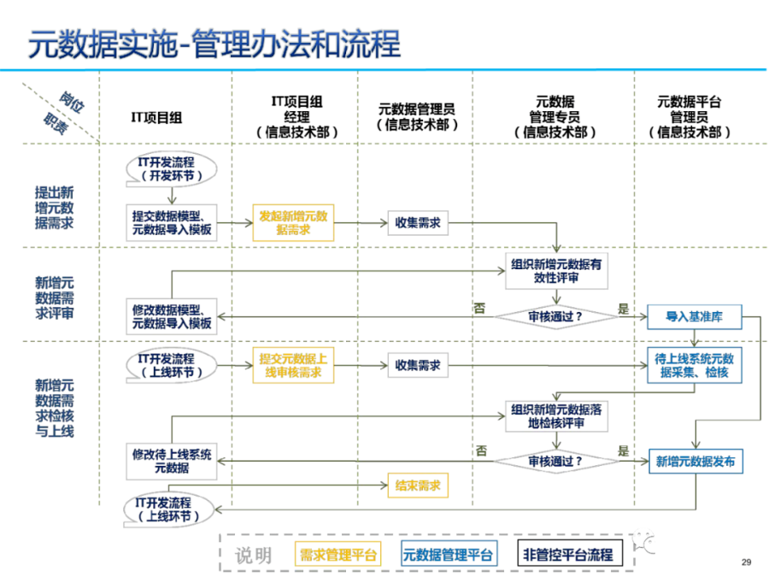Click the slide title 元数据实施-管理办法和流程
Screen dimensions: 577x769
(x=214, y=44)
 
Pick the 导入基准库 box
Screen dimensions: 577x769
(x=694, y=316)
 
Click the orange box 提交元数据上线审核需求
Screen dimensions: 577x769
(x=292, y=365)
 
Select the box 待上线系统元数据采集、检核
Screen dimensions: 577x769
(x=694, y=366)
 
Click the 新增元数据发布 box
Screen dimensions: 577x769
(x=695, y=462)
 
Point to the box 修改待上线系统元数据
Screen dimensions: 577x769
(x=172, y=462)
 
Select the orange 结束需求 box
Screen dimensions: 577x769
(x=417, y=486)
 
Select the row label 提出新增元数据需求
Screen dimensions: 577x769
(x=54, y=208)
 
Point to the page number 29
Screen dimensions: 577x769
(x=746, y=562)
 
